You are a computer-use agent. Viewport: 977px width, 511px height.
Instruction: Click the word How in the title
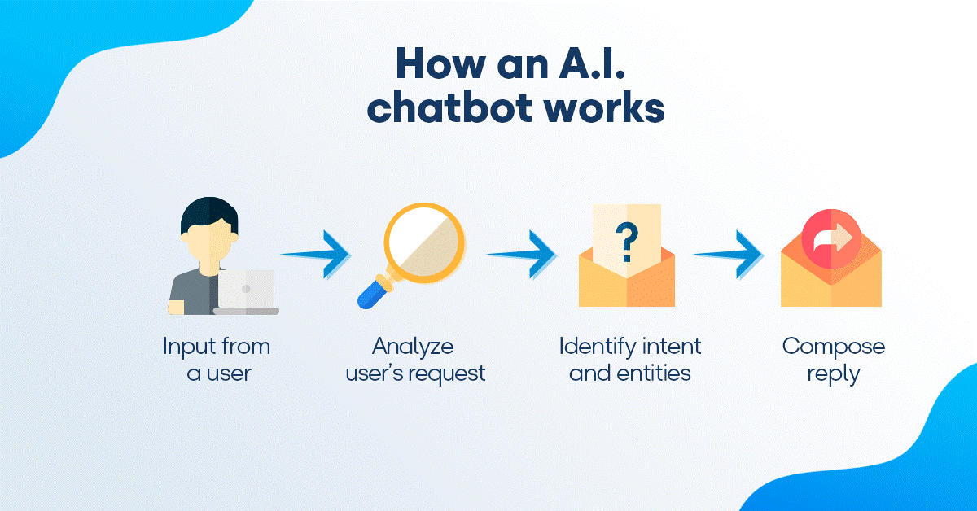pyautogui.click(x=426, y=63)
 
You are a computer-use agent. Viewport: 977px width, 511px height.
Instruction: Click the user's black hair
pyautogui.click(x=209, y=213)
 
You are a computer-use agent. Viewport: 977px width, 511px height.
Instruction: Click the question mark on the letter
pyautogui.click(x=625, y=242)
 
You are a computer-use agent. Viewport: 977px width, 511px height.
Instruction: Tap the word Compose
pyautogui.click(x=833, y=347)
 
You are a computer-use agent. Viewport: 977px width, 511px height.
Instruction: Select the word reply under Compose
pyautogui.click(x=833, y=374)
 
